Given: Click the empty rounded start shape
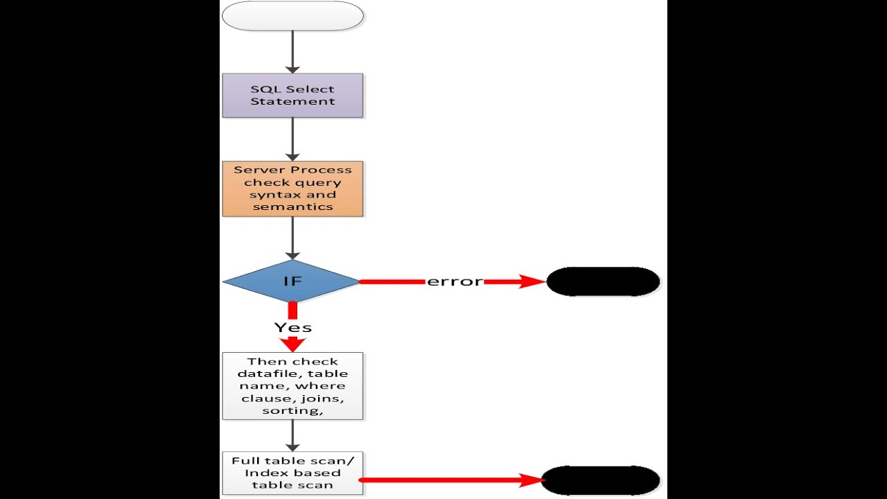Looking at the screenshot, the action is tap(292, 16).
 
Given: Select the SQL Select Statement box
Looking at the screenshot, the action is tap(292, 96).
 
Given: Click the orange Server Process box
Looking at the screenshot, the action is tap(292, 189).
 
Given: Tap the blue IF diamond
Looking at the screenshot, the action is tap(291, 281).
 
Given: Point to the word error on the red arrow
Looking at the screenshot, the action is tap(455, 281).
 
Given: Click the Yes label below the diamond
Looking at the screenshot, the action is tap(292, 328).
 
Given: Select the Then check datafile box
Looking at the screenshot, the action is tap(292, 386).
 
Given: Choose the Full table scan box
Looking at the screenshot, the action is tap(292, 473).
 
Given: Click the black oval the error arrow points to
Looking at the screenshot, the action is tap(603, 281).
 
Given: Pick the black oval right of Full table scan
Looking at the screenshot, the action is tap(601, 480).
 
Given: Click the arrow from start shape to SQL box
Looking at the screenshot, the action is tap(292, 52).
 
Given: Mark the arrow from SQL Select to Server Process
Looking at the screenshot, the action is tap(292, 139).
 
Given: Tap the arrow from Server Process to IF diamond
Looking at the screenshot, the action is tap(292, 238).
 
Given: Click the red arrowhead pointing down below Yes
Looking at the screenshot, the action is tap(292, 344).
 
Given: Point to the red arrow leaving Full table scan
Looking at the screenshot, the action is tap(452, 480).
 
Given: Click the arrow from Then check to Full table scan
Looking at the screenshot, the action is tap(292, 436).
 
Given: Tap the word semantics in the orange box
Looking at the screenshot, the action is tap(292, 207).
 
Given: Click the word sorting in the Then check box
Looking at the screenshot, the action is tap(291, 411).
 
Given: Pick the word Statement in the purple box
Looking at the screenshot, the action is tap(292, 101).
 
